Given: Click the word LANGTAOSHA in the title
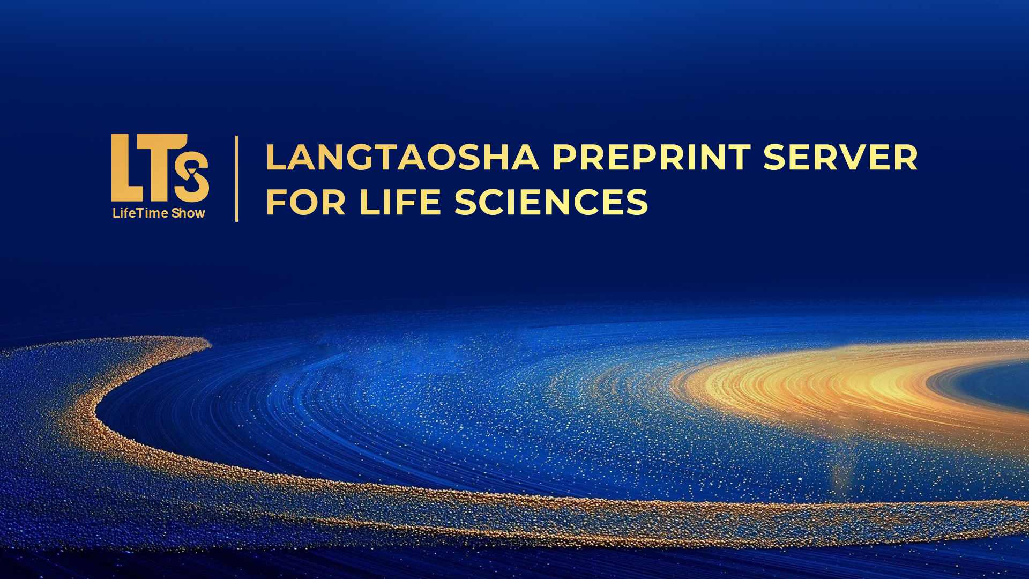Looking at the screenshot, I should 402,158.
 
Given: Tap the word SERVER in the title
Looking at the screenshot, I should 840,158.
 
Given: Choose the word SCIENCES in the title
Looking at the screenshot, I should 551,202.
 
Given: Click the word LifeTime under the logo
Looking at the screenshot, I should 140,213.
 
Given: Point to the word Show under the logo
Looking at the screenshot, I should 188,213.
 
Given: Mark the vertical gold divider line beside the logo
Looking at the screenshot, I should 236,179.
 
